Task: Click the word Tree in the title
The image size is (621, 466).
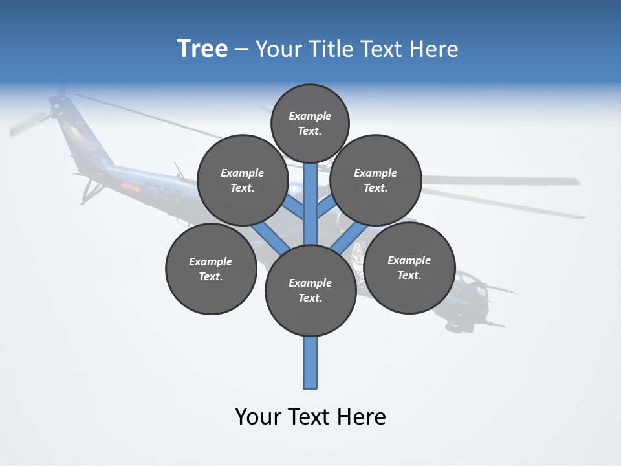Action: click(202, 49)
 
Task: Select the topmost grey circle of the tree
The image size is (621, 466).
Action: click(310, 123)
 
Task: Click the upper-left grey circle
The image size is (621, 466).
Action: click(243, 180)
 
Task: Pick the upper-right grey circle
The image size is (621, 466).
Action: click(376, 180)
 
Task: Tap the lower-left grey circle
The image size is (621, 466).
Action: click(211, 269)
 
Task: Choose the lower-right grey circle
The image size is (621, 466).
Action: click(409, 267)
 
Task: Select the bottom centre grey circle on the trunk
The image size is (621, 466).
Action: click(310, 291)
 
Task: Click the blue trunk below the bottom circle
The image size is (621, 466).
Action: click(310, 362)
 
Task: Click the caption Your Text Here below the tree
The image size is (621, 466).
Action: click(310, 417)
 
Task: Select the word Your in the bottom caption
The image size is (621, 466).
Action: click(257, 417)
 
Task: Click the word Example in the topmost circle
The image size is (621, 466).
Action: click(310, 116)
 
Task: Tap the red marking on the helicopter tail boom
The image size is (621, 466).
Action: click(131, 188)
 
